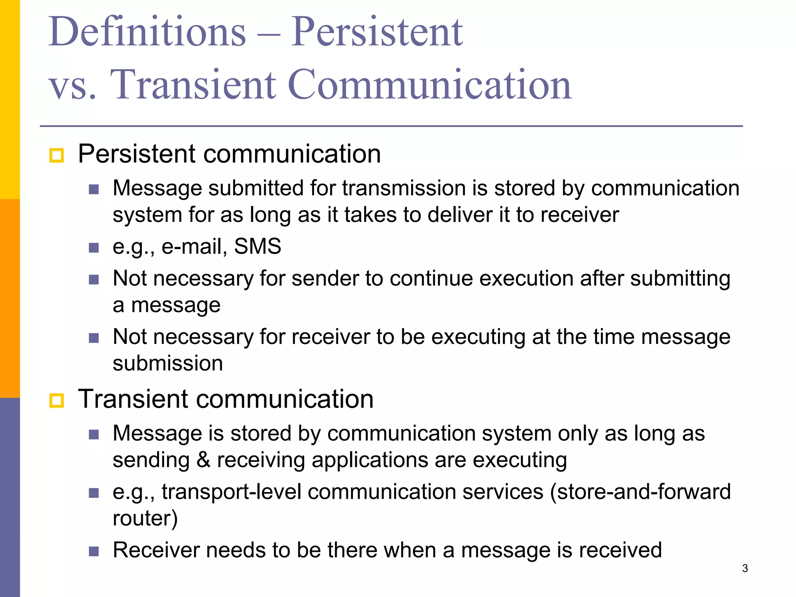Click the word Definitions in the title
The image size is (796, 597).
coord(147,32)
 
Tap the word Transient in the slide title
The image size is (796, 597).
coord(193,84)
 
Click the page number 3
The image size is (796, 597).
coord(745,568)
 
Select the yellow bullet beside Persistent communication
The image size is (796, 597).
coord(57,155)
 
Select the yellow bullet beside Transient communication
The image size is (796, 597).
coord(57,400)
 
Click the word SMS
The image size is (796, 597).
coord(258,246)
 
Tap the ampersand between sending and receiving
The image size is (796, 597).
coord(203,460)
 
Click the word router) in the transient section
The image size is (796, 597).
coord(145,518)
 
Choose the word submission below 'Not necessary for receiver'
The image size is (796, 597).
coord(168,363)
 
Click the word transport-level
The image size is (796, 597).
coord(231,492)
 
